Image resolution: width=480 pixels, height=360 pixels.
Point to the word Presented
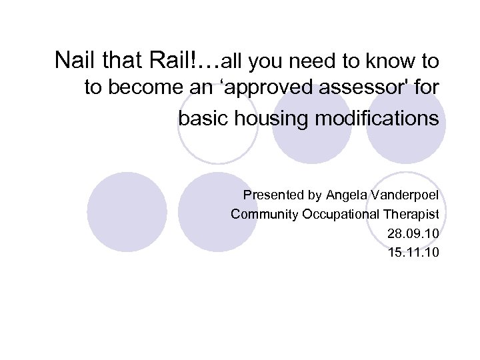(x=273, y=195)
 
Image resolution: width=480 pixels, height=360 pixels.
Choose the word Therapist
(x=411, y=215)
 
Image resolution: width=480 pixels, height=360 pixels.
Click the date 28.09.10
(x=413, y=234)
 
